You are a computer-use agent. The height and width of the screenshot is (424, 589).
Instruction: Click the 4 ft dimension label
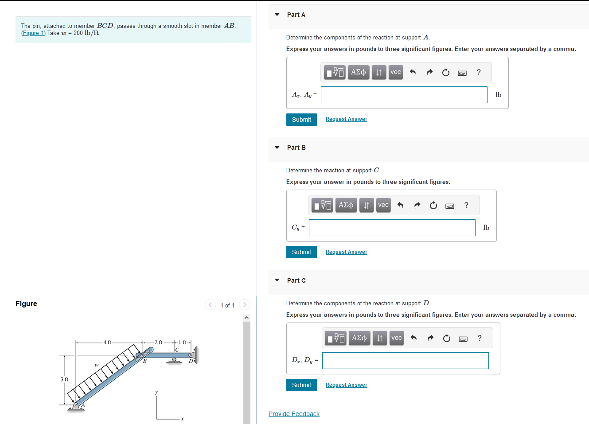(107, 342)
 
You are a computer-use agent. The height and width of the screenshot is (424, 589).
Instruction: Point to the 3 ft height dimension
(64, 379)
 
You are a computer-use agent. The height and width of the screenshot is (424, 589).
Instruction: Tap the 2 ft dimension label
(158, 342)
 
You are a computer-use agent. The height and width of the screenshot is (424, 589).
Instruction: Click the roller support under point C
(174, 360)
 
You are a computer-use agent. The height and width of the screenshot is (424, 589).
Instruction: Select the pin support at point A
(76, 406)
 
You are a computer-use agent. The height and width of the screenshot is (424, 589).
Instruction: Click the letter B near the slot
(144, 361)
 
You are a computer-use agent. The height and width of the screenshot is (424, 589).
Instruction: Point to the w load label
(96, 365)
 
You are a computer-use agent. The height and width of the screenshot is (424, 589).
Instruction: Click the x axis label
(182, 419)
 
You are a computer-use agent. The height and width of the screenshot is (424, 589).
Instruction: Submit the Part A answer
(301, 120)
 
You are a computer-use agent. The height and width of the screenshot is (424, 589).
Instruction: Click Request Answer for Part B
(346, 252)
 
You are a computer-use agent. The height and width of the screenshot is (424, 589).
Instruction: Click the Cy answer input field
(392, 228)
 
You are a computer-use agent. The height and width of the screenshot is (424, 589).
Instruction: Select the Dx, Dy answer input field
(405, 361)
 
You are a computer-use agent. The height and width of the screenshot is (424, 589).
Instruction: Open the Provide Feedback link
(294, 414)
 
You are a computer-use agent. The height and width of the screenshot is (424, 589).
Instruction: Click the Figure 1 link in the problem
(33, 33)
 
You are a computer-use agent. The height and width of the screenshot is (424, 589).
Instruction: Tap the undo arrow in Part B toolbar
(400, 205)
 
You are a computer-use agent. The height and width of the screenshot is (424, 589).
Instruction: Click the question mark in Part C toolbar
(479, 338)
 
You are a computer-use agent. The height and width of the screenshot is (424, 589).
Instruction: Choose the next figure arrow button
(244, 305)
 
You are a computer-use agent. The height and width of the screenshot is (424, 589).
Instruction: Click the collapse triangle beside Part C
(277, 280)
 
